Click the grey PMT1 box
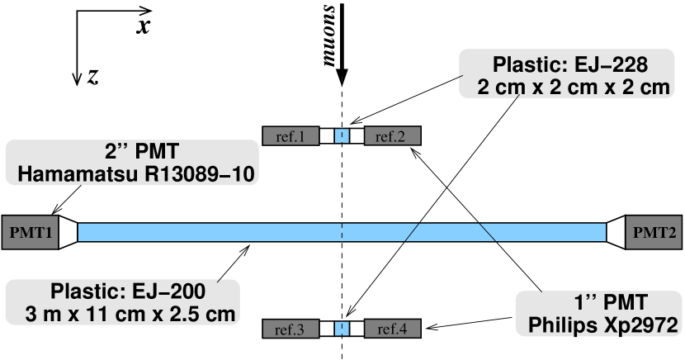click(x=31, y=233)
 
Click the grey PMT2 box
click(x=654, y=233)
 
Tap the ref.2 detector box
click(x=392, y=136)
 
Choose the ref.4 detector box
click(x=392, y=329)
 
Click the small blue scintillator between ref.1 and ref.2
click(x=342, y=136)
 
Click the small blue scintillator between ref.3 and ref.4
click(x=342, y=329)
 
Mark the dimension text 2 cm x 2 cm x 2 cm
click(x=572, y=87)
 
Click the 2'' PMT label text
click(x=142, y=152)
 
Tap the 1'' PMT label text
click(x=611, y=302)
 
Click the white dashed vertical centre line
click(x=342, y=190)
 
